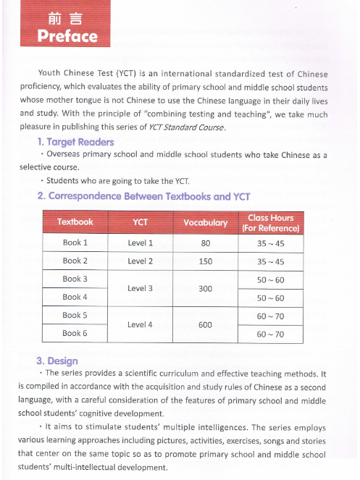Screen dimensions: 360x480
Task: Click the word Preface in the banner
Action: pyautogui.click(x=67, y=36)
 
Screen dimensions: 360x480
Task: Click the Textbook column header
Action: pyautogui.click(x=75, y=222)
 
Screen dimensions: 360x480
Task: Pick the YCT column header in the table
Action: pyautogui.click(x=141, y=222)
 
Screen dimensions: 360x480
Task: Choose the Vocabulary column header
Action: pyautogui.click(x=206, y=222)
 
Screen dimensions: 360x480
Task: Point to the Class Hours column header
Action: pyautogui.click(x=270, y=222)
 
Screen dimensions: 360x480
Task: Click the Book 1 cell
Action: pyautogui.click(x=75, y=243)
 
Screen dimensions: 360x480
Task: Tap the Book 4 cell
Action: pyautogui.click(x=75, y=297)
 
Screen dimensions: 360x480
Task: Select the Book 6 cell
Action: pyautogui.click(x=75, y=333)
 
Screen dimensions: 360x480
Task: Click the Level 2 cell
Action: pyautogui.click(x=141, y=261)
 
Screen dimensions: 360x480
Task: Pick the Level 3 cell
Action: pyautogui.click(x=141, y=288)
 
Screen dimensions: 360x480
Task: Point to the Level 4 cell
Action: pyautogui.click(x=141, y=324)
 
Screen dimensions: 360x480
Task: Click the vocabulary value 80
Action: pyautogui.click(x=206, y=243)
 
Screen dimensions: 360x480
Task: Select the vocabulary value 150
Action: pyautogui.click(x=206, y=261)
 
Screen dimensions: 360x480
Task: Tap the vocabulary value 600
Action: pyautogui.click(x=206, y=325)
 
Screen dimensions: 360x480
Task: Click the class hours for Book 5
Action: pyautogui.click(x=270, y=316)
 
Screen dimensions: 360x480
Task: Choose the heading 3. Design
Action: pyautogui.click(x=57, y=361)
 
